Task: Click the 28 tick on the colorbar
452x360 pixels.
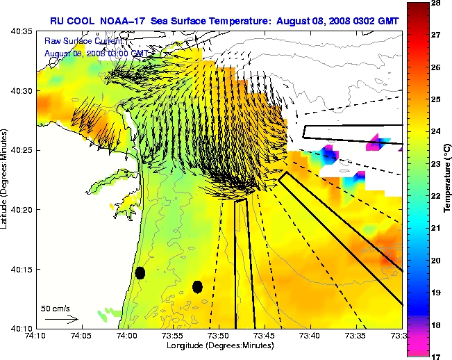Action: coord(438,4)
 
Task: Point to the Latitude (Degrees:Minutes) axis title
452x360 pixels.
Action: coord(5,179)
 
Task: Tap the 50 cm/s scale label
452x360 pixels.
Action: coord(56,307)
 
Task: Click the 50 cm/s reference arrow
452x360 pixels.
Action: coord(61,319)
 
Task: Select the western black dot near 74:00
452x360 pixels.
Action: coord(140,272)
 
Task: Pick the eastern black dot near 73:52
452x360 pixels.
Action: coord(197,286)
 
